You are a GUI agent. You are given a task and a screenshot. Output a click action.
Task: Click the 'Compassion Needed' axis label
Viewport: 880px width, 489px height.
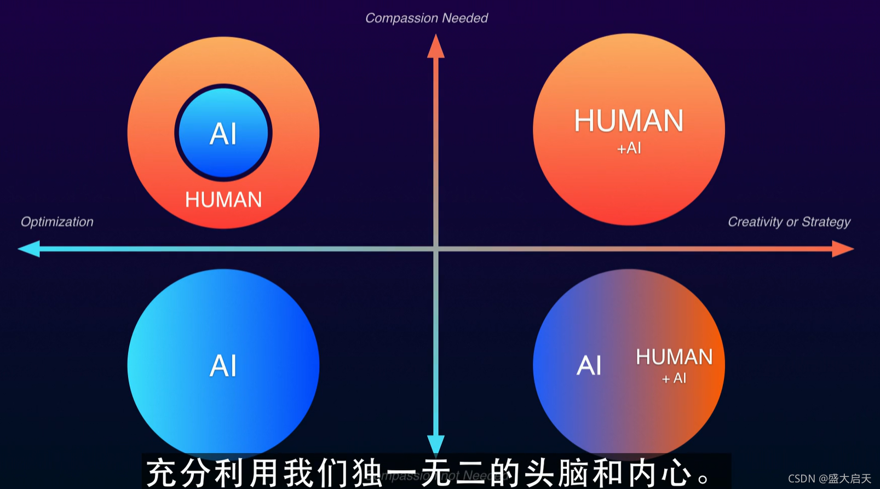tap(426, 18)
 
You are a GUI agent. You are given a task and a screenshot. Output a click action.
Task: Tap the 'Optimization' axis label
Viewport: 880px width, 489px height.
tap(57, 222)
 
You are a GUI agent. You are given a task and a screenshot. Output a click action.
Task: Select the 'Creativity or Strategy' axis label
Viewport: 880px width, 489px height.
tap(789, 222)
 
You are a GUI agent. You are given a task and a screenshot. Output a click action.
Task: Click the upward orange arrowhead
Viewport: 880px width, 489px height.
tap(436, 47)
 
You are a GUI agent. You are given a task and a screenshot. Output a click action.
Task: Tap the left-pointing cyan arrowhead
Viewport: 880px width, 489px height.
tap(29, 249)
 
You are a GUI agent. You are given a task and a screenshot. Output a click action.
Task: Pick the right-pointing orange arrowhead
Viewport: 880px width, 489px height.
tap(842, 249)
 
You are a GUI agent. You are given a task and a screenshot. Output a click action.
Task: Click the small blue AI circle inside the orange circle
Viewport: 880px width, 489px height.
tap(223, 133)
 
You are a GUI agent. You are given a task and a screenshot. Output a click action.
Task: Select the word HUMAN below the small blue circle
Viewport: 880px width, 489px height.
tap(223, 200)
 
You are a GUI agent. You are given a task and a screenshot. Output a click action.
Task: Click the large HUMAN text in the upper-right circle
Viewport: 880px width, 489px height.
tap(629, 121)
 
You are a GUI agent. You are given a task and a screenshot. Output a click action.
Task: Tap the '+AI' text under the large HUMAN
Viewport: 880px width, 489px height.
tap(629, 148)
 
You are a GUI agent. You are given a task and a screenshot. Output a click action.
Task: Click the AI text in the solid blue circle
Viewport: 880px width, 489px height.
tap(223, 366)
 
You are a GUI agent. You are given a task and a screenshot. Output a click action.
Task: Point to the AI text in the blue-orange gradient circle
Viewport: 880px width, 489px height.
tap(589, 366)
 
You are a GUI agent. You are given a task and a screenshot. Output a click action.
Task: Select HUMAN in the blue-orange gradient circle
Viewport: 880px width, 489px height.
tap(674, 357)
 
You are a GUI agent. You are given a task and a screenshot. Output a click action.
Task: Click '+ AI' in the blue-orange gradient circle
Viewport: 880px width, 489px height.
tap(674, 378)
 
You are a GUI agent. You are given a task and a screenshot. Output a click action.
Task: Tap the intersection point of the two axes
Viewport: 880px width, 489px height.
tap(436, 249)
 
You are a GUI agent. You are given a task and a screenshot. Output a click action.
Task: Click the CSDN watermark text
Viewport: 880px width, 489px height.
tap(829, 479)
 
